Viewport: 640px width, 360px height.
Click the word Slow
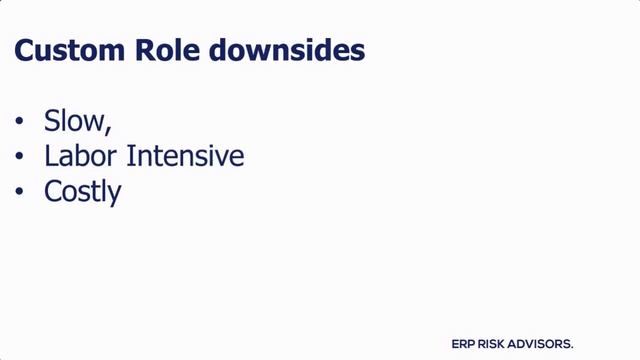tap(73, 122)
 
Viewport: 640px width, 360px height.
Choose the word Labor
tap(78, 157)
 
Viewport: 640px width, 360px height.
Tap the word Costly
tap(83, 192)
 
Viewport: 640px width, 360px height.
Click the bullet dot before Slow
tap(19, 123)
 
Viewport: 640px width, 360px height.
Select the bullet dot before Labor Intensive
tap(19, 158)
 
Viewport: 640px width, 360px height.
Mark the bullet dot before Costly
tap(19, 192)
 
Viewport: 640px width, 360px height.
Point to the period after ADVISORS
tap(572, 346)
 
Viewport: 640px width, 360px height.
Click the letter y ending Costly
tap(114, 194)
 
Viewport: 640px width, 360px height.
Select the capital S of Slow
tap(52, 122)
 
